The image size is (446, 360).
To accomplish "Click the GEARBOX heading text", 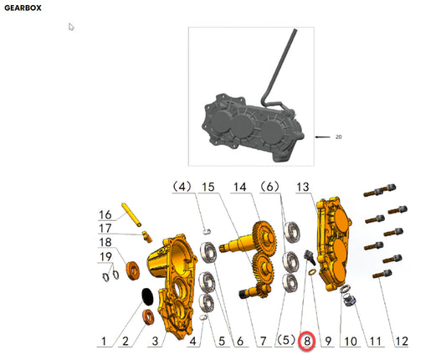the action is pyautogui.click(x=23, y=8).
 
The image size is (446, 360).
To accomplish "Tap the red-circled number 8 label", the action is pyautogui.click(x=307, y=341).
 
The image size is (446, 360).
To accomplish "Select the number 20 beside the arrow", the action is pyautogui.click(x=338, y=137).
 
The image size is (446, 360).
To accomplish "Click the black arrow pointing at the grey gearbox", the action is pyautogui.click(x=322, y=137).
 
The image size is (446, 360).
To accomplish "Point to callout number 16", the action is pyautogui.click(x=105, y=215).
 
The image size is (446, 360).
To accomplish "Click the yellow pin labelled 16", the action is pyautogui.click(x=131, y=214).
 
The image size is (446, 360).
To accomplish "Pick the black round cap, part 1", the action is pyautogui.click(x=147, y=297).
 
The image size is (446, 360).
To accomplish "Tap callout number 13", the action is pyautogui.click(x=302, y=187).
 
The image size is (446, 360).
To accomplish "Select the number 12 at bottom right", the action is pyautogui.click(x=401, y=341).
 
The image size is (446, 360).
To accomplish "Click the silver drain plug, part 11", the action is pyautogui.click(x=349, y=301).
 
